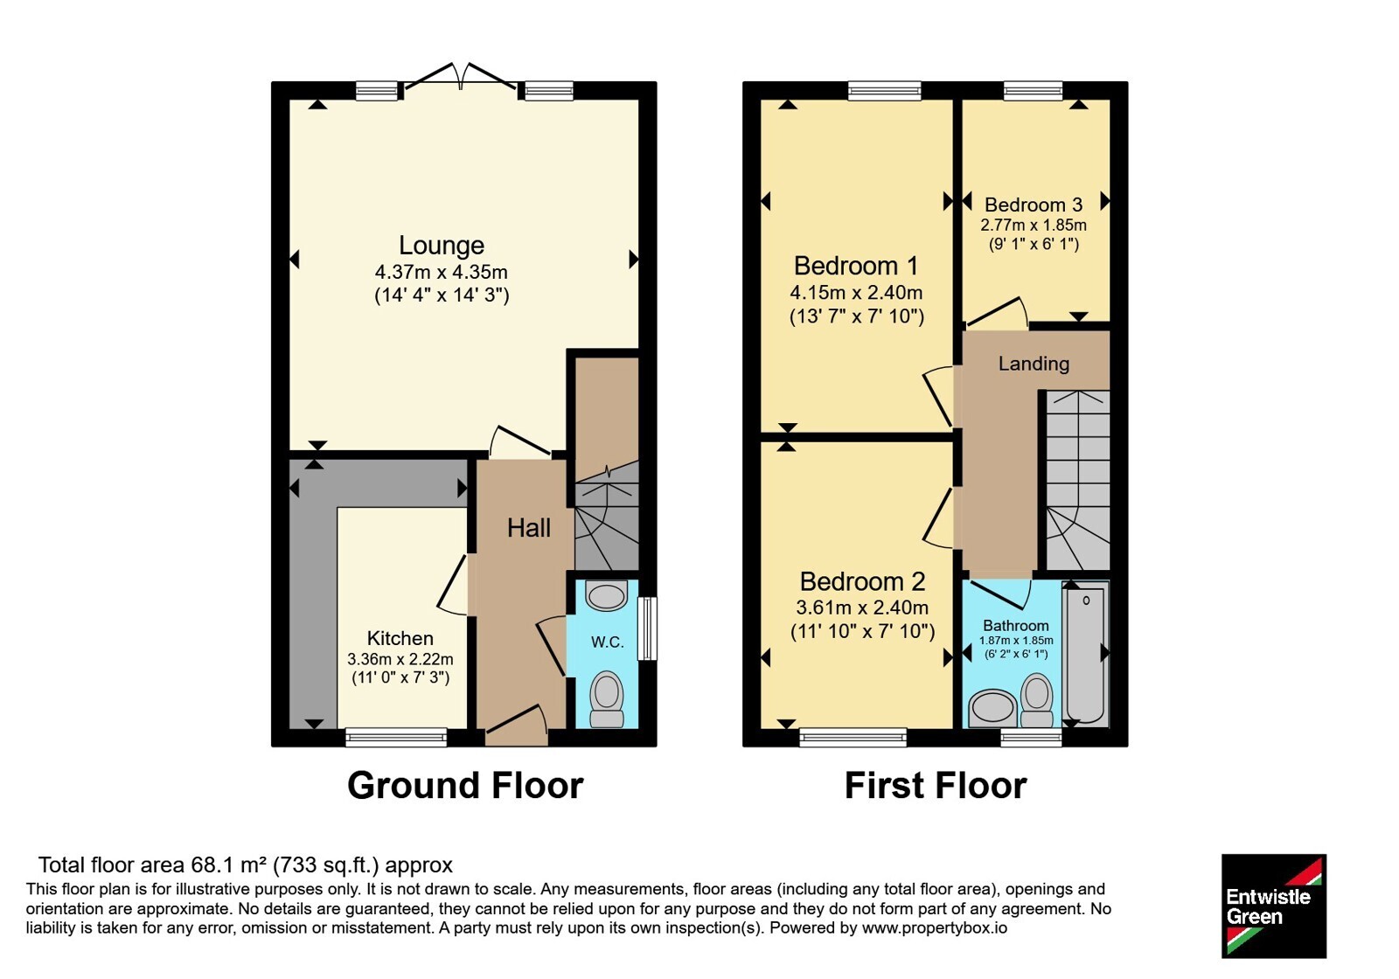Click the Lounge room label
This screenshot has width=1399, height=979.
click(442, 246)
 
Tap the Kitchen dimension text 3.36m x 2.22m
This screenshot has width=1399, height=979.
click(400, 659)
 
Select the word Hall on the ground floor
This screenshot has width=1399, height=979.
click(528, 528)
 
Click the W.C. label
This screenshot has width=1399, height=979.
click(607, 642)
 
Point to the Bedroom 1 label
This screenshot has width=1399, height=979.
click(856, 266)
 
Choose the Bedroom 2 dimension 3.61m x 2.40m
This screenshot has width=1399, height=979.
click(862, 607)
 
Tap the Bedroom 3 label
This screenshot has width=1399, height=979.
click(1033, 205)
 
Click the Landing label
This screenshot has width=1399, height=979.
click(1034, 364)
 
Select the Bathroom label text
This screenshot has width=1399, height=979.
click(1015, 626)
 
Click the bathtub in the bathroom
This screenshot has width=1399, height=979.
click(1085, 655)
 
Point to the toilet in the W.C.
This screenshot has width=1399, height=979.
click(607, 699)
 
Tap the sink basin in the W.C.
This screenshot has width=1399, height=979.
click(607, 595)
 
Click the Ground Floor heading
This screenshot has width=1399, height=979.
click(465, 786)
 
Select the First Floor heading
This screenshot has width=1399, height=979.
click(936, 786)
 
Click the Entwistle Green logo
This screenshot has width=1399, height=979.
click(1273, 906)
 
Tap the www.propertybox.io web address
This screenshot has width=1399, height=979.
click(935, 927)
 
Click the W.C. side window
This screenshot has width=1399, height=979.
click(647, 628)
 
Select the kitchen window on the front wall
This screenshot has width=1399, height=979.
click(397, 738)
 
